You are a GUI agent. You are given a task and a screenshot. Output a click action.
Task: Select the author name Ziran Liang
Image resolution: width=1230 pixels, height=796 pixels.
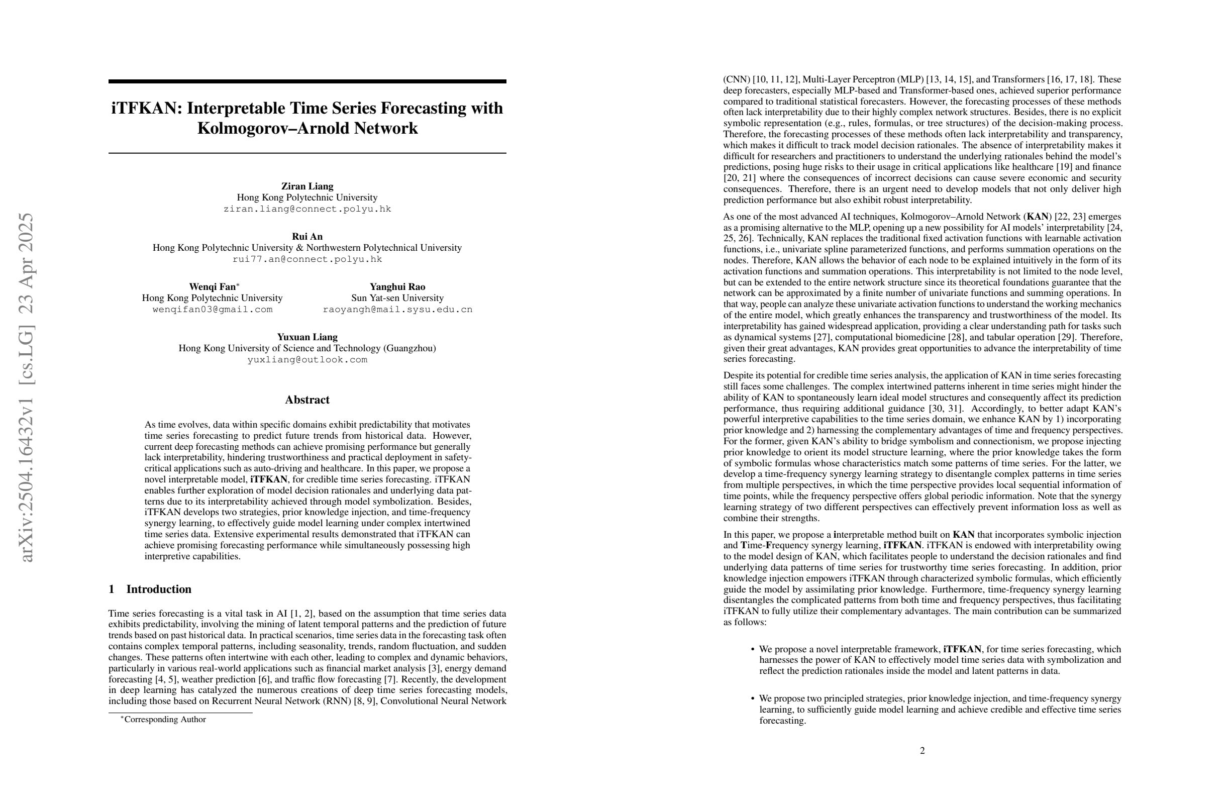[x=307, y=186]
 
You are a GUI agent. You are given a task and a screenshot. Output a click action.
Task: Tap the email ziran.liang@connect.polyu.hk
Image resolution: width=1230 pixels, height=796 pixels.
[x=307, y=209]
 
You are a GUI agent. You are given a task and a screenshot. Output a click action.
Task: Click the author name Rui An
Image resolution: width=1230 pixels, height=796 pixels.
[x=307, y=236]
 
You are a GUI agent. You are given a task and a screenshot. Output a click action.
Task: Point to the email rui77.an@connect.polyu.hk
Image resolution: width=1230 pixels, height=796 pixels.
[x=307, y=259]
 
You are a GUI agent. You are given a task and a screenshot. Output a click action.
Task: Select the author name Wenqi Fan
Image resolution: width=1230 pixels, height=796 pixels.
[x=212, y=286]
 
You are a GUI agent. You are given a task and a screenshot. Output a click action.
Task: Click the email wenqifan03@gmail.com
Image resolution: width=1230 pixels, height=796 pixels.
[x=212, y=309]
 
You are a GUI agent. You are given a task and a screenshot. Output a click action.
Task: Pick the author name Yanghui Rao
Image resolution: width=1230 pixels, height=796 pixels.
[x=397, y=286]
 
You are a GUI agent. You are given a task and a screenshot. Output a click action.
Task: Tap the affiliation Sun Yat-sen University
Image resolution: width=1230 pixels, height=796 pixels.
[x=397, y=297]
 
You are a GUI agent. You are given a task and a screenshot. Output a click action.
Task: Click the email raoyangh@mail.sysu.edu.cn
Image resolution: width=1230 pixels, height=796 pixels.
[x=397, y=309]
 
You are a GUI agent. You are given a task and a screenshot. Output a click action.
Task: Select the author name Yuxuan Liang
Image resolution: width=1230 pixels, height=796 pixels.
[x=307, y=337]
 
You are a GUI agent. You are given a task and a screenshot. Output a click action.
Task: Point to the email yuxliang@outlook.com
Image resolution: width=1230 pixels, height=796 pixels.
[x=307, y=359]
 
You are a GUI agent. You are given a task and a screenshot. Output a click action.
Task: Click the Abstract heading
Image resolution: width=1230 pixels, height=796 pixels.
[x=307, y=400]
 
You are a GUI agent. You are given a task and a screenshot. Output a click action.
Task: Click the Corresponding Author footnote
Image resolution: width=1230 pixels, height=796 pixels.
[x=164, y=720]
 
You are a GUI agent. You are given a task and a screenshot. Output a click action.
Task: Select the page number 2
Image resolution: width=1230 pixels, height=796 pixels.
[x=922, y=750]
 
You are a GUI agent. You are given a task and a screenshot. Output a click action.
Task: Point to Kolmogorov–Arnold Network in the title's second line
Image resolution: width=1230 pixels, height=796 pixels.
[x=307, y=128]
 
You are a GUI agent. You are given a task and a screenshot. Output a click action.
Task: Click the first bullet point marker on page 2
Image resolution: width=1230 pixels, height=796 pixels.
[x=753, y=649]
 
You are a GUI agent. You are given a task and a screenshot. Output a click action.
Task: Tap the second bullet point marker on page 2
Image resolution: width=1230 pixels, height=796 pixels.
[x=753, y=699]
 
